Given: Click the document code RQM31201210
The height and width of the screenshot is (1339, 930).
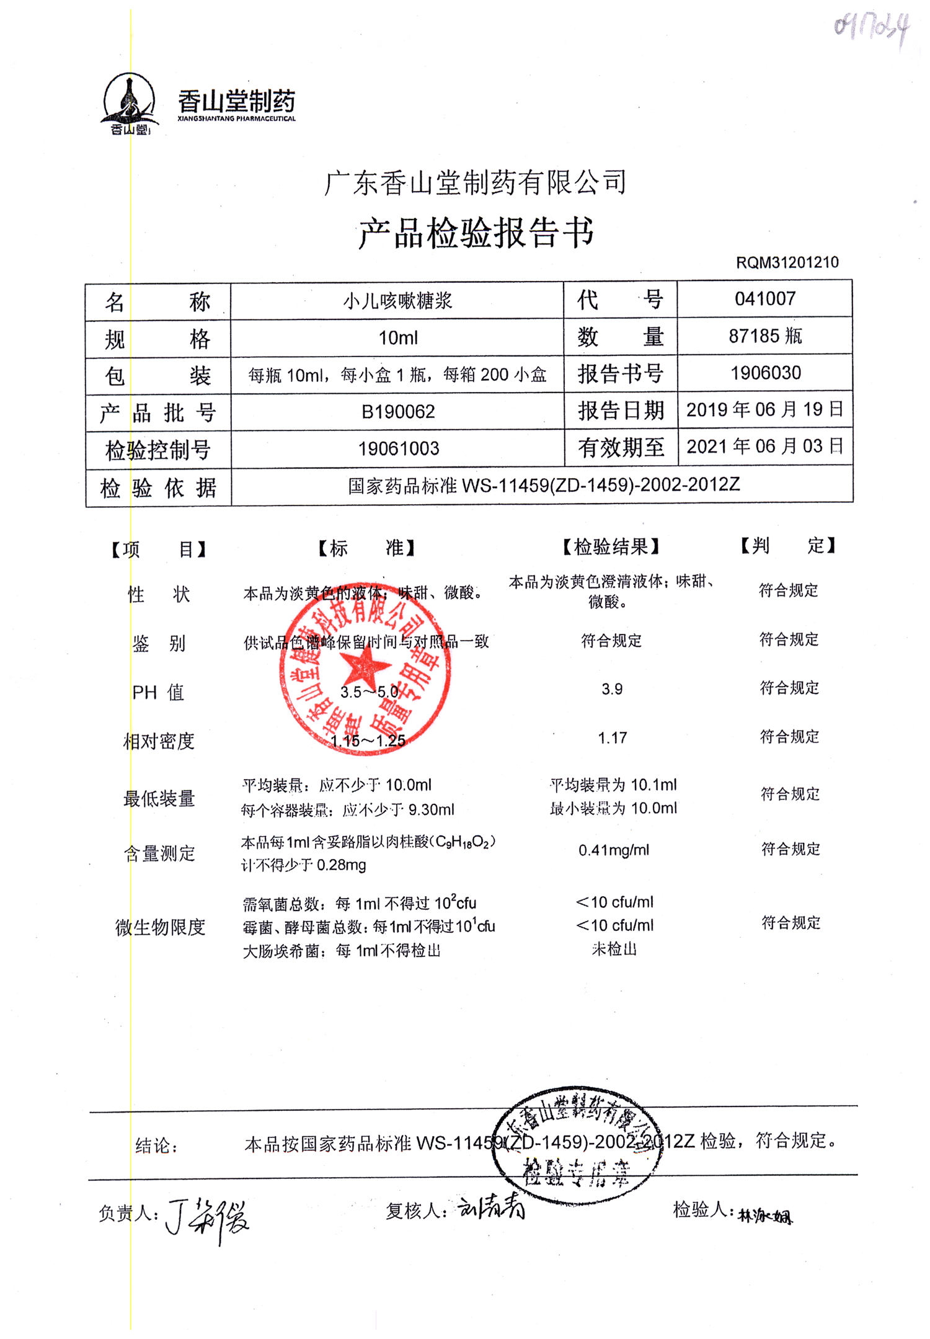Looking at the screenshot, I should pyautogui.click(x=787, y=262).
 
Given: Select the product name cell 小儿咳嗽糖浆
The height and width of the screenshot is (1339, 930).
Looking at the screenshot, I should pyautogui.click(x=398, y=301).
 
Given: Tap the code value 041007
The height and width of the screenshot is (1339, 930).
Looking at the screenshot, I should pyautogui.click(x=764, y=299).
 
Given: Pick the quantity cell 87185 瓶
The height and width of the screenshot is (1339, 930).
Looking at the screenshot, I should pyautogui.click(x=764, y=336).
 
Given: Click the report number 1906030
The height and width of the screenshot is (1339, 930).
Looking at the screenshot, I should pyautogui.click(x=765, y=373).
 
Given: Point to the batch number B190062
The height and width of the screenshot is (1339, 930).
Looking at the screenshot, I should pyautogui.click(x=398, y=412).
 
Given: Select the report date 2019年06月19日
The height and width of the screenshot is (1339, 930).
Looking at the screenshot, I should pyautogui.click(x=764, y=409).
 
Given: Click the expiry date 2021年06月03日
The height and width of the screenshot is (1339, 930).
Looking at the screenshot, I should pyautogui.click(x=764, y=446).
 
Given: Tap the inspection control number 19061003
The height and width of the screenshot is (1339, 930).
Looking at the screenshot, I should pyautogui.click(x=398, y=448).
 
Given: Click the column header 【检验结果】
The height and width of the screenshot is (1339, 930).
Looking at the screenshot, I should pyautogui.click(x=611, y=546).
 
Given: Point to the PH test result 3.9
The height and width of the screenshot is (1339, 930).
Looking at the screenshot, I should pyautogui.click(x=611, y=689).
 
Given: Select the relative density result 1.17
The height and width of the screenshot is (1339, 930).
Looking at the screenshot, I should pyautogui.click(x=612, y=738).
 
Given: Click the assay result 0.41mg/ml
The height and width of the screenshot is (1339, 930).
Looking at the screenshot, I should pyautogui.click(x=613, y=850).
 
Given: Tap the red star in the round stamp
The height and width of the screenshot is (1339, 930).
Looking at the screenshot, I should pyautogui.click(x=366, y=669).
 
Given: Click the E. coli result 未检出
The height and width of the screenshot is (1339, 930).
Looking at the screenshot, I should pyautogui.click(x=614, y=949).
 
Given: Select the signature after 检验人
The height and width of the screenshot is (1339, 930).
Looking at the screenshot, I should pyautogui.click(x=764, y=1216).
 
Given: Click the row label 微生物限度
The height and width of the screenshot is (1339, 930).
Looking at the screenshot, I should pyautogui.click(x=160, y=927).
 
